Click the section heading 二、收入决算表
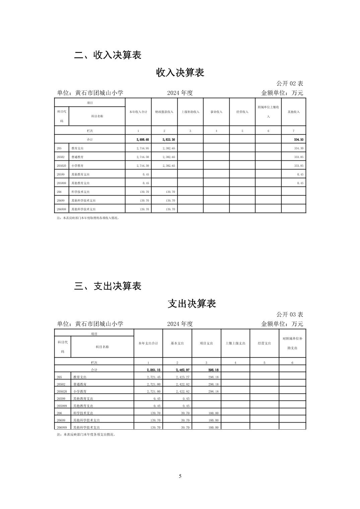(x=108, y=55)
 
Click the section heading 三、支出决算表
(x=108, y=286)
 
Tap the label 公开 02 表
(x=290, y=83)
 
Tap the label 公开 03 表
(x=290, y=314)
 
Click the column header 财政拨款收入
(x=164, y=112)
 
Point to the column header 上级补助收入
(x=190, y=112)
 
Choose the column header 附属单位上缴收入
(x=268, y=112)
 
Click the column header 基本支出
(x=177, y=343)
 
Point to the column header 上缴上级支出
(x=235, y=343)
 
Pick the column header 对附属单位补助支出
(x=292, y=343)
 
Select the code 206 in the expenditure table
(x=60, y=413)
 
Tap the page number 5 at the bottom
(x=180, y=476)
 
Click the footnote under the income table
(x=88, y=218)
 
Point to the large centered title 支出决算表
(x=192, y=304)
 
